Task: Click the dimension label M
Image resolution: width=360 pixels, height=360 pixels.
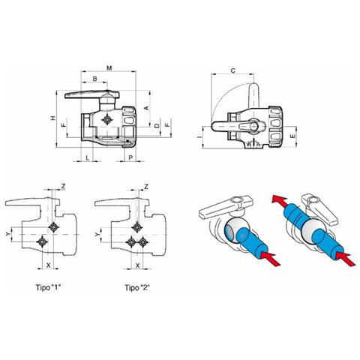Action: (109, 67)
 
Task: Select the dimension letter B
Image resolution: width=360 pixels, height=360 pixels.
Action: (94, 79)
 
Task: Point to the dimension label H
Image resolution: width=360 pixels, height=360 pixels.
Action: (53, 118)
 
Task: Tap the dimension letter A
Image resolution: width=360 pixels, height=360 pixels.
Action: (147, 108)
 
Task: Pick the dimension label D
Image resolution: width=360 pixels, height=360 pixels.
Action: (157, 125)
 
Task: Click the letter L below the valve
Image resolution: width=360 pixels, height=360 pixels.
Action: (87, 157)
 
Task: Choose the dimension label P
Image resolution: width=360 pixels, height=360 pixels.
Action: (130, 157)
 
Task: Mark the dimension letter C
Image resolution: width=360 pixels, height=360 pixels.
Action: (232, 70)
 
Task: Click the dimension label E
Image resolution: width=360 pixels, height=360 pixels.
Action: (292, 136)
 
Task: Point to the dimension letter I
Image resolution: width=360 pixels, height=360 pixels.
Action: (199, 137)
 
